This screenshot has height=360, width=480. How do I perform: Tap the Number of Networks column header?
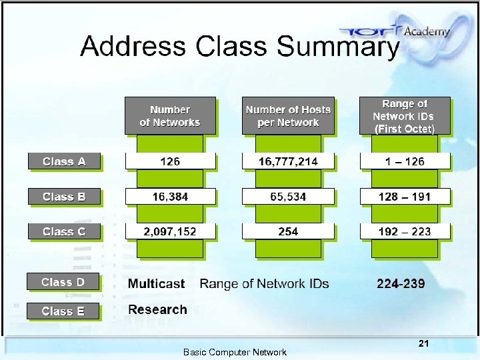pos(170,116)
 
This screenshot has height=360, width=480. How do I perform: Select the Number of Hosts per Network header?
pos(288,116)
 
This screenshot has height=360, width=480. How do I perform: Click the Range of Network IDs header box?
pos(405,116)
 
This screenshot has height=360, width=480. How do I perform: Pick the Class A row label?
pos(64,161)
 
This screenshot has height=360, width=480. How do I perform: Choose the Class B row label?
pos(64,197)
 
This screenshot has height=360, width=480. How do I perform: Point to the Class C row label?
pos(64,232)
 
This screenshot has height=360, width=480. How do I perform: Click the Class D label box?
pos(63,282)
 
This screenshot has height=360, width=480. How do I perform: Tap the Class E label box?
pos(63,311)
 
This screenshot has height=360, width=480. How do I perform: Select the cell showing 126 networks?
pos(170,161)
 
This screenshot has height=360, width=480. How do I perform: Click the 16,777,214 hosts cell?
pos(288,161)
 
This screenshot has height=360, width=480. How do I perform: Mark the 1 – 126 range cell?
pos(405,161)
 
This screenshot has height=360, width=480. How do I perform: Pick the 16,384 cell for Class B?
pos(170,197)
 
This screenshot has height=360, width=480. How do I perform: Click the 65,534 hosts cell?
pos(288,197)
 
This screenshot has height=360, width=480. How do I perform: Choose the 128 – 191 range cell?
pos(405,197)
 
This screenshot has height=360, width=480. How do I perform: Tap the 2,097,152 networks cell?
pos(170,232)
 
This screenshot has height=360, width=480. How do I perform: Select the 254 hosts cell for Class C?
pos(288,232)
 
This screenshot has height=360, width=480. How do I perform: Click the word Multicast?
pos(156,284)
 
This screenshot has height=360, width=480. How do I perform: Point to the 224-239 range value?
pos(401,284)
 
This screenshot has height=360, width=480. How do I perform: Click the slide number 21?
pos(423,344)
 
